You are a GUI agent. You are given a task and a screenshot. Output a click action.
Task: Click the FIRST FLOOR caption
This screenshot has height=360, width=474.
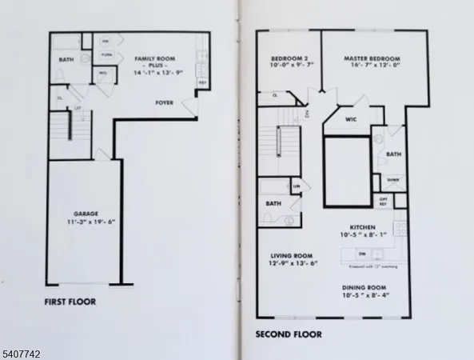tap(70, 302)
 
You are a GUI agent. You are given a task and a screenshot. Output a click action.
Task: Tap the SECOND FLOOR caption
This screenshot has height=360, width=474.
tap(288, 334)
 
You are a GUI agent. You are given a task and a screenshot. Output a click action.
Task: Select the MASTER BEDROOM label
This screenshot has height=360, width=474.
tap(372, 59)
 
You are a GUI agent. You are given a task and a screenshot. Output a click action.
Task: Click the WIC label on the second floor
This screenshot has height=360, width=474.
tap(350, 122)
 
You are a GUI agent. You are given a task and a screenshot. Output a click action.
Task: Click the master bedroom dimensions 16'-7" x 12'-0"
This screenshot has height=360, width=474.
tap(372, 67)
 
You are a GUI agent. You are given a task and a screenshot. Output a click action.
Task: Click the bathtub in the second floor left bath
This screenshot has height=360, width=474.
tap(273, 189)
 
